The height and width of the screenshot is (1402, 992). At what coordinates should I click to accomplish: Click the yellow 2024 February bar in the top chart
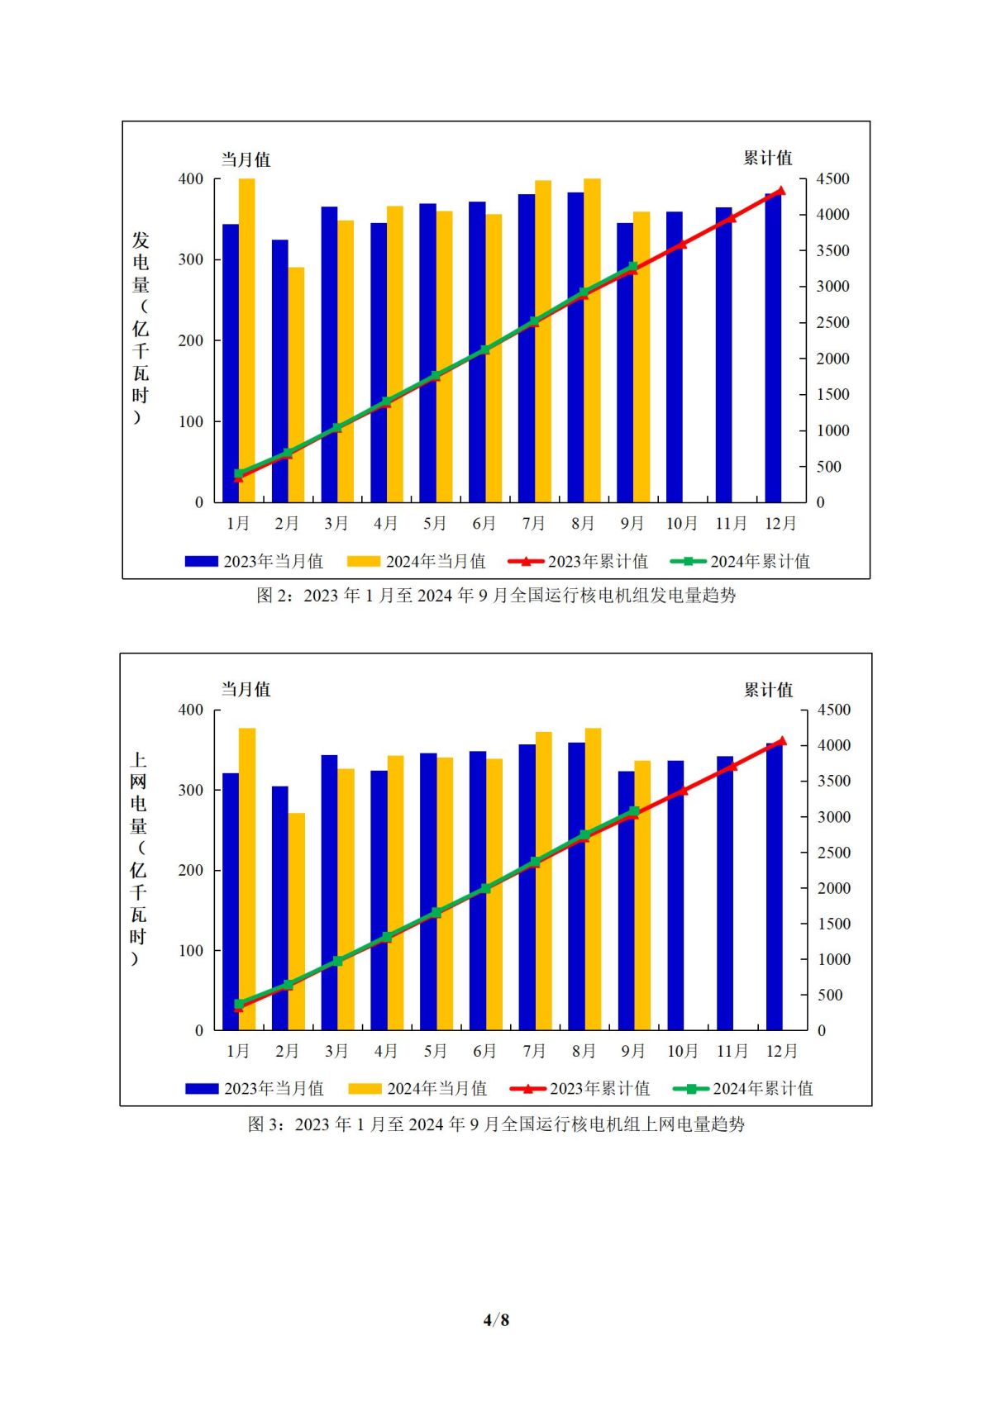click(x=296, y=384)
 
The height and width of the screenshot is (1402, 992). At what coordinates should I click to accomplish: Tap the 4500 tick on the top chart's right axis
click(x=832, y=179)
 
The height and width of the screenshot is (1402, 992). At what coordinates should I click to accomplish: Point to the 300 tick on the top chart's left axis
click(x=191, y=259)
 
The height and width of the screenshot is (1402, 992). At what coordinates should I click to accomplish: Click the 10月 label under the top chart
click(x=682, y=524)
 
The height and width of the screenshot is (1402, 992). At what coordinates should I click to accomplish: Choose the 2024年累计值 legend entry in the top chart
click(x=741, y=562)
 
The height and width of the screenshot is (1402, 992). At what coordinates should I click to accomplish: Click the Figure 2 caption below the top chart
click(x=496, y=596)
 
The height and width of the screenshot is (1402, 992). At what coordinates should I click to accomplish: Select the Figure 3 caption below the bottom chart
click(x=496, y=1124)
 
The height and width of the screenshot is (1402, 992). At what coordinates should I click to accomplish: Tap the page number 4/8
click(x=496, y=1319)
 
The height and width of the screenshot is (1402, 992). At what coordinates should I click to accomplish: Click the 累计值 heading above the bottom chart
click(x=768, y=690)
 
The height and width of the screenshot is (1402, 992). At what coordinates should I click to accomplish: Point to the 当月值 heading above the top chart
click(x=246, y=159)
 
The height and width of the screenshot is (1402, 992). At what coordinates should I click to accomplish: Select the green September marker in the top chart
click(x=633, y=267)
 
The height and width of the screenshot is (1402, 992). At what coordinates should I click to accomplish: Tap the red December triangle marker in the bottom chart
click(x=782, y=741)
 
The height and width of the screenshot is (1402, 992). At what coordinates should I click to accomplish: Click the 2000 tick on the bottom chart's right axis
click(x=833, y=888)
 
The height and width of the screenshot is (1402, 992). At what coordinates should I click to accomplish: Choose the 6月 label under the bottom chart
click(x=484, y=1051)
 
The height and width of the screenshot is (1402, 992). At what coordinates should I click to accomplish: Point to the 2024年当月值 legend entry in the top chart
click(x=417, y=562)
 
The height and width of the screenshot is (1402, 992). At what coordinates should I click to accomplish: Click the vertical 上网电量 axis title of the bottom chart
click(x=138, y=859)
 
